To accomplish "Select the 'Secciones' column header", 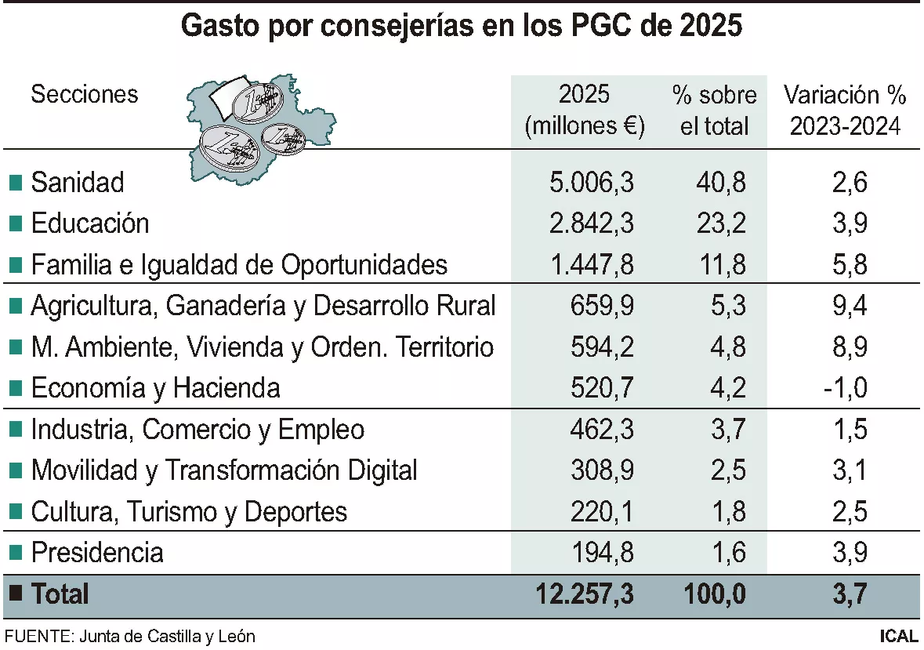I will (x=84, y=95).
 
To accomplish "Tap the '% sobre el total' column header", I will (x=714, y=111).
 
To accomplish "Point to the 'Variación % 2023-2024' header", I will (x=845, y=111).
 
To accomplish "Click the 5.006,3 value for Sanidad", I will (x=591, y=183).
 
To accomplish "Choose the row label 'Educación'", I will (x=89, y=223).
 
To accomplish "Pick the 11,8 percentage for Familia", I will (x=721, y=264).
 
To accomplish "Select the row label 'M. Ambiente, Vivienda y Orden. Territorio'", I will (x=262, y=347).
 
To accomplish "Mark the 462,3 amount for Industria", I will (x=603, y=430).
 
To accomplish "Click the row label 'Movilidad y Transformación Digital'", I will (x=223, y=470).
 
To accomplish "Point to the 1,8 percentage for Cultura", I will (x=726, y=512).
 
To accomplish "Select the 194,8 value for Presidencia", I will (x=603, y=553).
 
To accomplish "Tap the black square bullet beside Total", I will (x=15, y=594).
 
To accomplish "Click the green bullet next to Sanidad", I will (x=15, y=183).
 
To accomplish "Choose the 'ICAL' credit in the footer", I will (x=898, y=636).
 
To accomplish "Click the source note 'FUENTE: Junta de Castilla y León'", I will (x=130, y=636).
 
